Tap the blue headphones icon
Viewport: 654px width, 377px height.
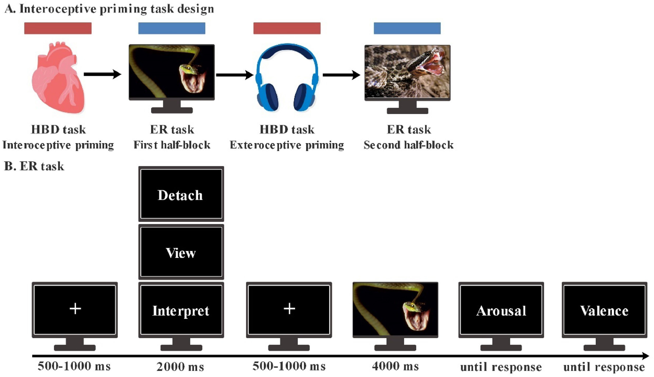(x=287, y=78)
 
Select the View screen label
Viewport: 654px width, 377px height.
(x=181, y=253)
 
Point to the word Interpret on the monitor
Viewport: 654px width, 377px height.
(x=181, y=311)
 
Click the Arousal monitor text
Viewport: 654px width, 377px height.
(x=501, y=311)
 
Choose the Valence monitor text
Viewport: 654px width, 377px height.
(x=604, y=311)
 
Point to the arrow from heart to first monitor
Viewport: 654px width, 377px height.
(x=103, y=75)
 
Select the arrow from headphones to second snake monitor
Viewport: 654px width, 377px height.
(x=341, y=75)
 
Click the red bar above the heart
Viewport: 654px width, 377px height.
(x=58, y=28)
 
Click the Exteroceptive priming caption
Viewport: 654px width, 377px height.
(x=287, y=145)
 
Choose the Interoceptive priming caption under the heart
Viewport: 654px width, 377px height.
(x=58, y=145)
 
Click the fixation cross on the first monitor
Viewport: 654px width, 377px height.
(x=75, y=309)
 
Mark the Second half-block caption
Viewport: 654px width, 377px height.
(x=409, y=145)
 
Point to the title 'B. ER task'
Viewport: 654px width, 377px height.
(x=34, y=166)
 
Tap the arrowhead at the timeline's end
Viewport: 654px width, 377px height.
(x=646, y=356)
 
